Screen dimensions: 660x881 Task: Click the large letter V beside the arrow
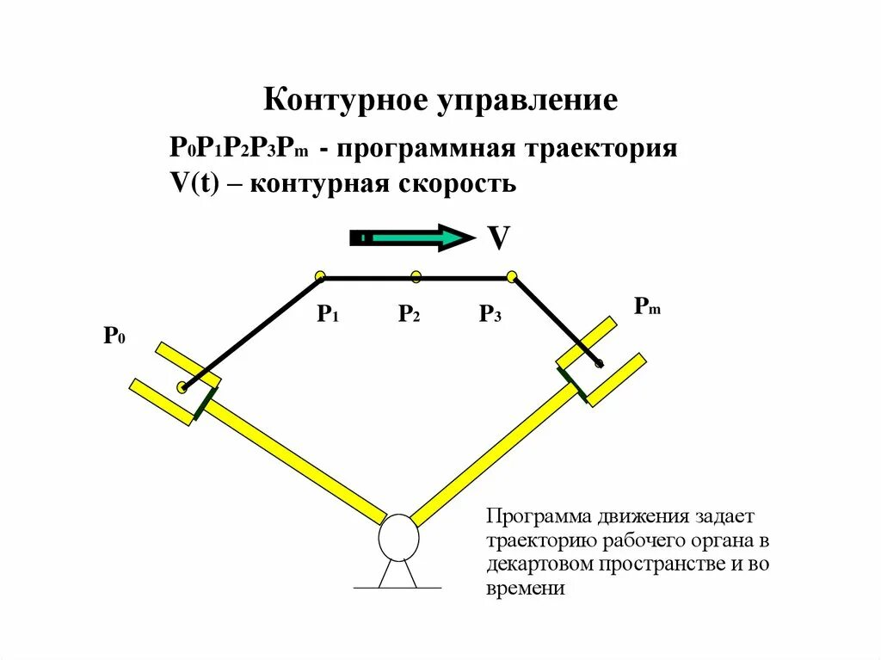click(x=499, y=238)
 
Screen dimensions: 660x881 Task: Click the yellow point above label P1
click(x=321, y=276)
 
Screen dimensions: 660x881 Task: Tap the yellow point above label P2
click(x=416, y=276)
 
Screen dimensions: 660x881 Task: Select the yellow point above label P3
click(x=512, y=276)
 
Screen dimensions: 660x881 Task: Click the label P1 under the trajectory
click(x=327, y=314)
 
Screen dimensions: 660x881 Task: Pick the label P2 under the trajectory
click(x=409, y=314)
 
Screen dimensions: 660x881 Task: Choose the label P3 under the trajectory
click(x=490, y=314)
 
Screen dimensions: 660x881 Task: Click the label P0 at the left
click(x=114, y=336)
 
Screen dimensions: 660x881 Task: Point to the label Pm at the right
click(x=647, y=305)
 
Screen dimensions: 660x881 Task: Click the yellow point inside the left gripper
click(x=182, y=388)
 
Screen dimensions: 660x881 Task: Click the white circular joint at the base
click(x=398, y=537)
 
